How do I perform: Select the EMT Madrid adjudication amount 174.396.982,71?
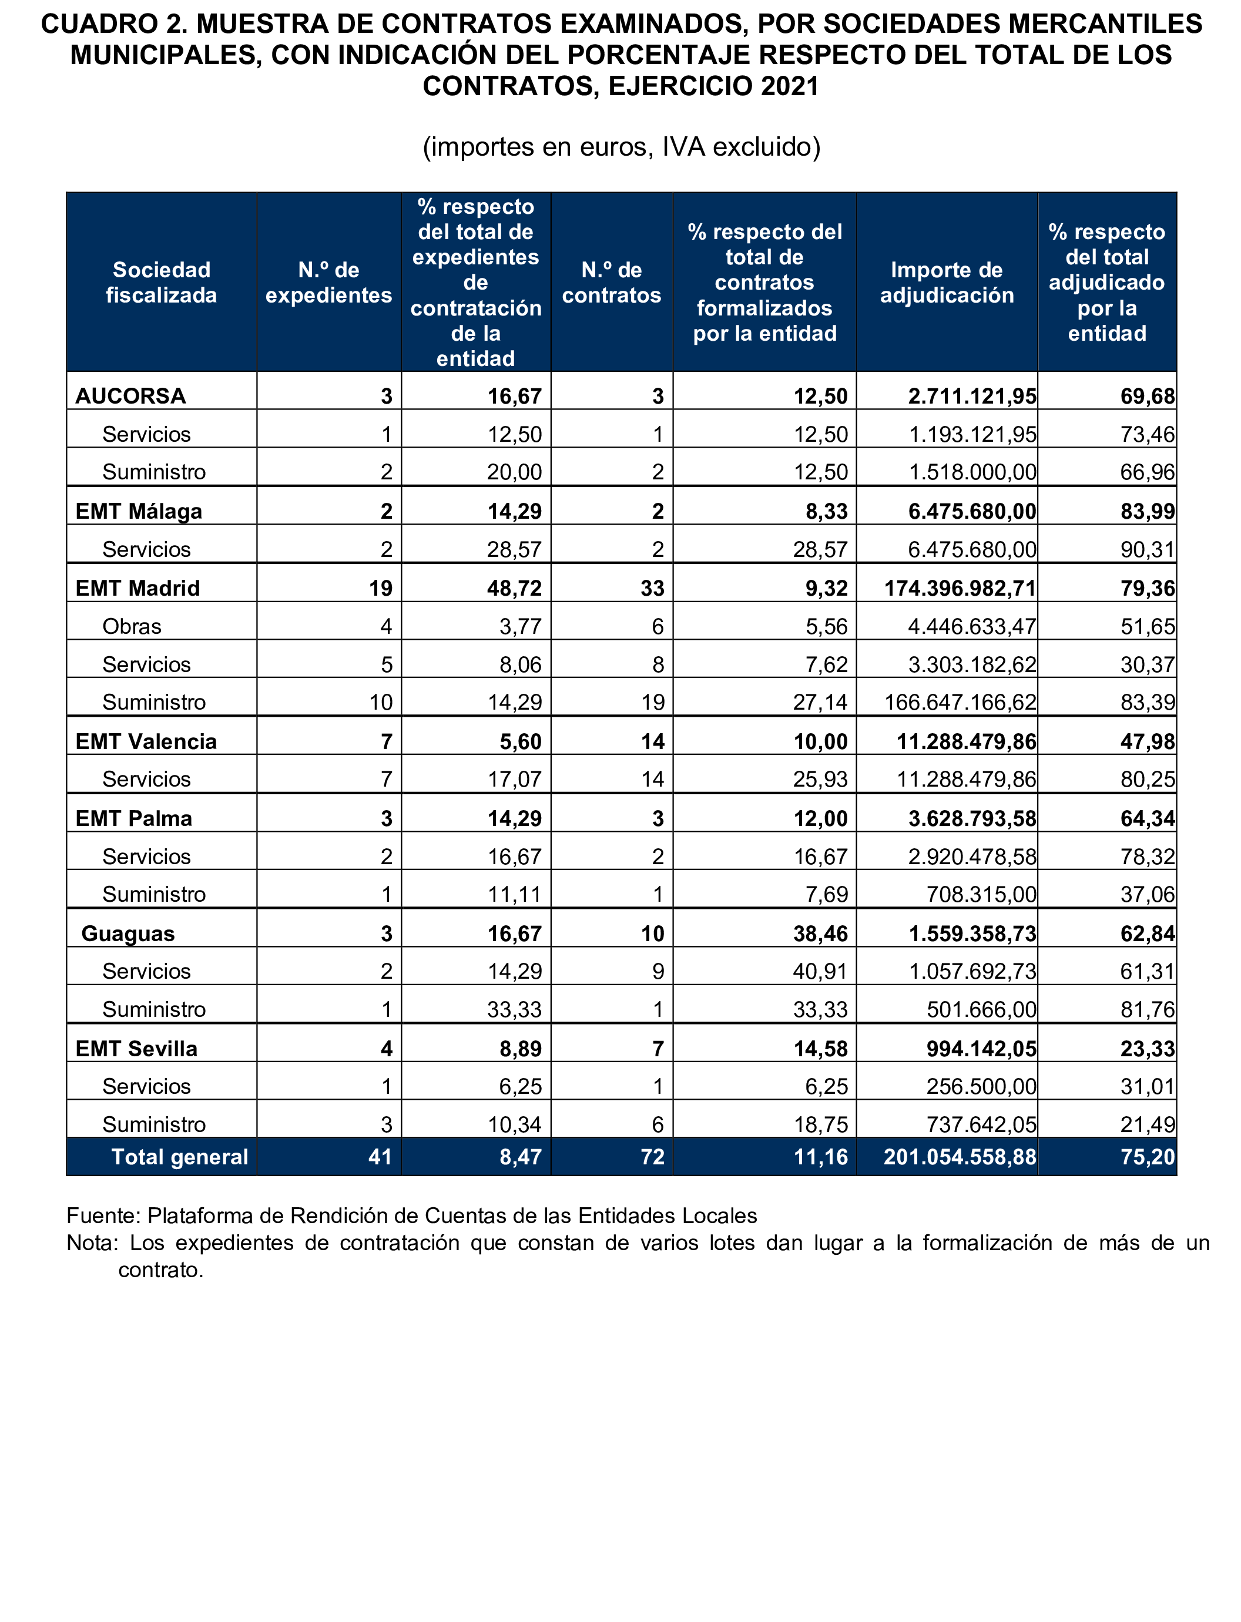pyautogui.click(x=960, y=588)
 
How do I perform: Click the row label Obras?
pyautogui.click(x=132, y=626)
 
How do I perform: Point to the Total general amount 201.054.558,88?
pyautogui.click(x=960, y=1156)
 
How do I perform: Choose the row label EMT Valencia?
pyautogui.click(x=146, y=741)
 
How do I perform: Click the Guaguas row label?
pyautogui.click(x=128, y=933)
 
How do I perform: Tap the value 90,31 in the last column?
pyautogui.click(x=1146, y=549)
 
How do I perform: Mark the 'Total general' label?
pyautogui.click(x=179, y=1156)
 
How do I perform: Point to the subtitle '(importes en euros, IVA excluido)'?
pyautogui.click(x=621, y=147)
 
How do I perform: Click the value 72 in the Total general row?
pyautogui.click(x=652, y=1156)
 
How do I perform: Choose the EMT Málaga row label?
pyautogui.click(x=138, y=511)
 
